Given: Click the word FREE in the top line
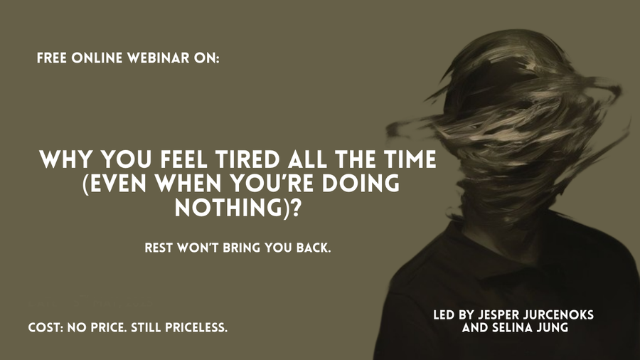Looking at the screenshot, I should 54,59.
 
